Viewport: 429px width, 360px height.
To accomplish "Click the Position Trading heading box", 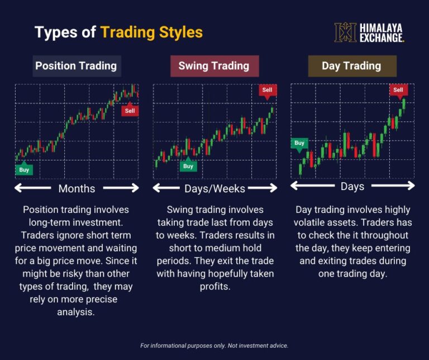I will pos(76,66).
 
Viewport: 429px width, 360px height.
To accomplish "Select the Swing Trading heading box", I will pos(214,66).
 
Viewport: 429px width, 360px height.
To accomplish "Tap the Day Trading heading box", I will pos(351,66).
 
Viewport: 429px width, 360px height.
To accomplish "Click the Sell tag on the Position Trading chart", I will pos(130,111).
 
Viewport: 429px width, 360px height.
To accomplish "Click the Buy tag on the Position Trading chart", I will pos(24,169).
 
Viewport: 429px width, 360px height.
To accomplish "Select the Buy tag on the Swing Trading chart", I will pos(188,166).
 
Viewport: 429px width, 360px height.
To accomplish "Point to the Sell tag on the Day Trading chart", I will pos(398,90).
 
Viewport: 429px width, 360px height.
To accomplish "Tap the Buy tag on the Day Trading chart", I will pos(299,143).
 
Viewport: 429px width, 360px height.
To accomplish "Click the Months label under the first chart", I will pos(77,188).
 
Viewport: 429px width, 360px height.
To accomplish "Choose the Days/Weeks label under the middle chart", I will pos(214,188).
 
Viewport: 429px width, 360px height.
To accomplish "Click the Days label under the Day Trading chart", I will pos(352,186).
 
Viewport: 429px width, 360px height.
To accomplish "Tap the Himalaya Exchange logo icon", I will pos(345,32).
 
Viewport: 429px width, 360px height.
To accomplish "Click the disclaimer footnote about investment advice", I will pos(214,345).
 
